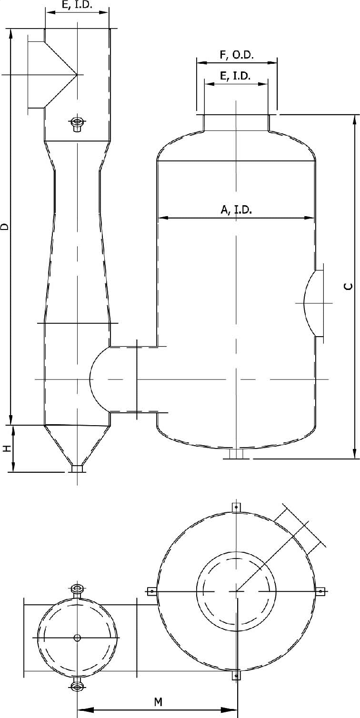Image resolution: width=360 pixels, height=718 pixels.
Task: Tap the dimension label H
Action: (x=7, y=449)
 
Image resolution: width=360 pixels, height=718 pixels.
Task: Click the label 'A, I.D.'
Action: (x=236, y=209)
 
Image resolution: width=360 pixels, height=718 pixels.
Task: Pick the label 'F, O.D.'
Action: (x=237, y=55)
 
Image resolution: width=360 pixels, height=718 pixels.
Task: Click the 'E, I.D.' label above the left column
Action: (x=77, y=5)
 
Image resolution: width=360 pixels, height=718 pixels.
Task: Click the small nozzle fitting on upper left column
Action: (x=77, y=124)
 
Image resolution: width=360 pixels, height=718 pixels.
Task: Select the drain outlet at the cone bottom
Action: (x=77, y=469)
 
